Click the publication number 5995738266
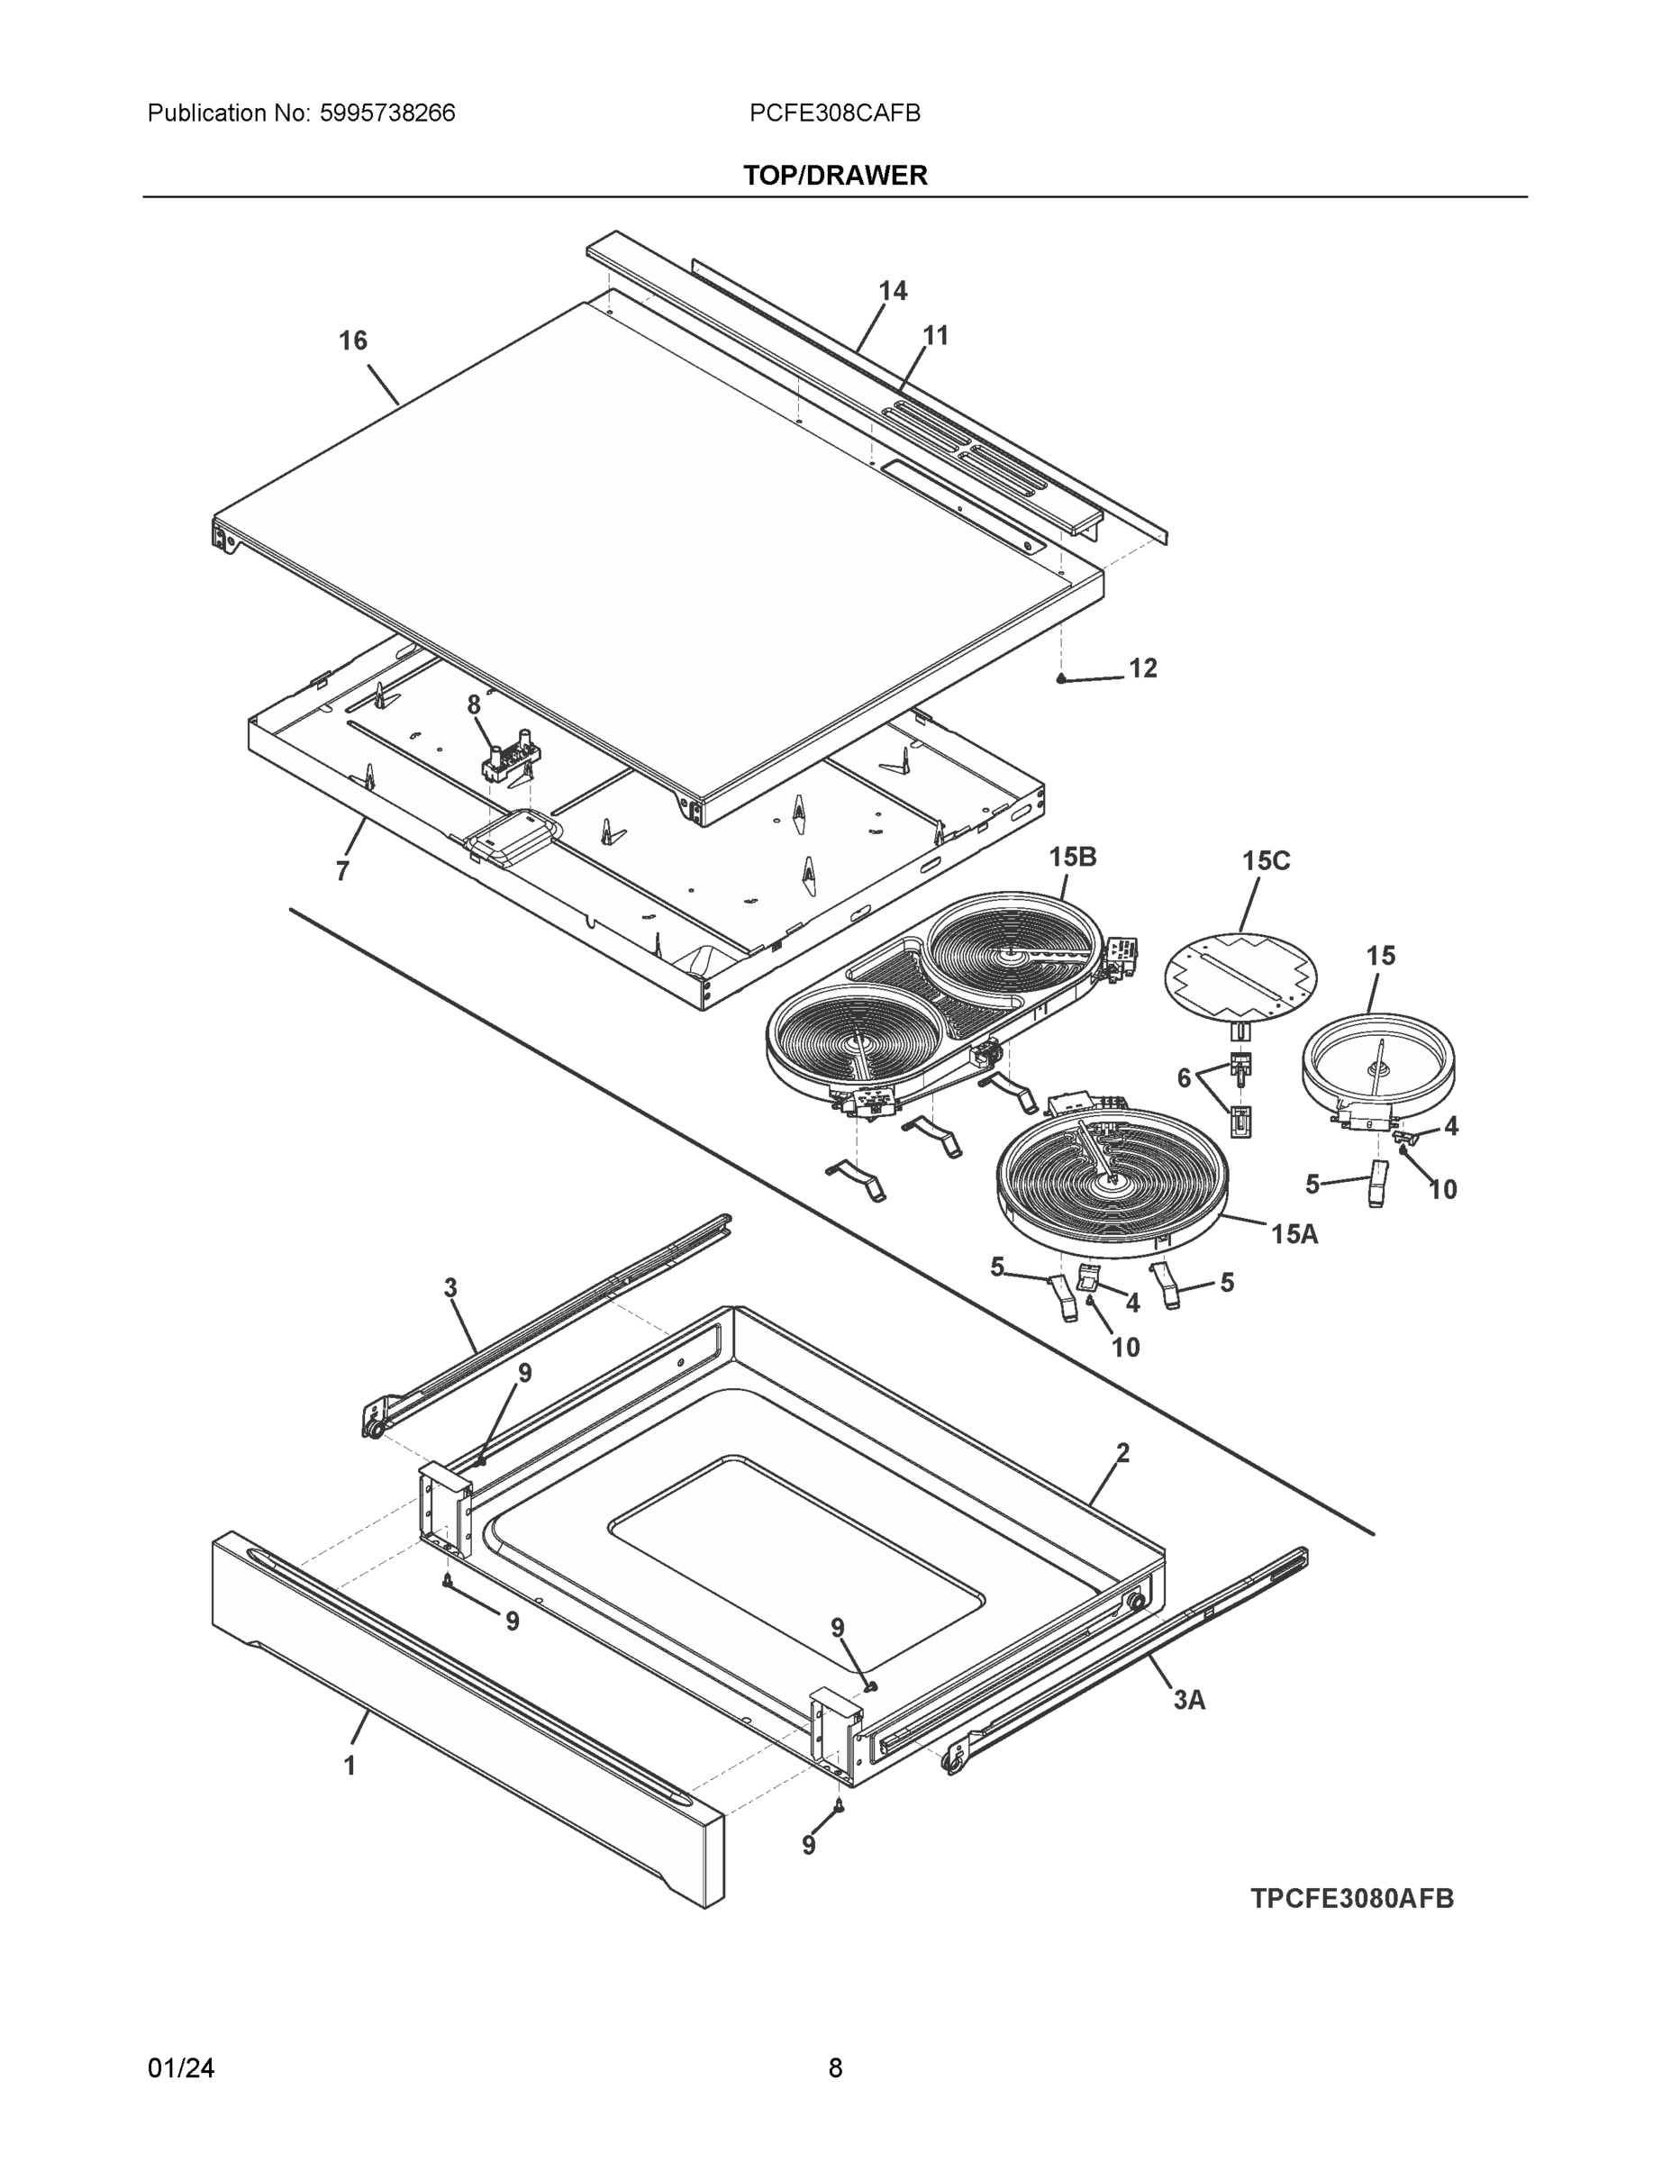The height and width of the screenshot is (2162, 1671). pyautogui.click(x=387, y=113)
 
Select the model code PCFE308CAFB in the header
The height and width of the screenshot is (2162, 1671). pyautogui.click(x=834, y=113)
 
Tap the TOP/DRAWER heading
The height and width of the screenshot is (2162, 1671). pyautogui.click(x=834, y=176)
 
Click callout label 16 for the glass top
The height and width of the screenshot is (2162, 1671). pyautogui.click(x=352, y=341)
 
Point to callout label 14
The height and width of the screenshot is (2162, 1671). pyautogui.click(x=892, y=290)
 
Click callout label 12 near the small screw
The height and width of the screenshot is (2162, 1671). pyautogui.click(x=1142, y=668)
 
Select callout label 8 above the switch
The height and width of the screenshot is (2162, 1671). pyautogui.click(x=473, y=704)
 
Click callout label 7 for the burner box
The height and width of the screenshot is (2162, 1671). pyautogui.click(x=342, y=871)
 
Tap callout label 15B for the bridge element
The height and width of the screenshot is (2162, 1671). pyautogui.click(x=1072, y=857)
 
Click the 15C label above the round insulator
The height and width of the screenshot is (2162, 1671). pyautogui.click(x=1267, y=860)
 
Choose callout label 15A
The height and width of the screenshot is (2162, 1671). pyautogui.click(x=1294, y=1233)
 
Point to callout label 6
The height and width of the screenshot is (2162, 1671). pyautogui.click(x=1183, y=1077)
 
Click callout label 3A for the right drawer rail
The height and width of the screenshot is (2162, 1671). pyautogui.click(x=1189, y=1700)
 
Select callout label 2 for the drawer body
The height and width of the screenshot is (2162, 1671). pyautogui.click(x=1122, y=1453)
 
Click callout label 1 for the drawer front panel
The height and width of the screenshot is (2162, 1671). pyautogui.click(x=349, y=1765)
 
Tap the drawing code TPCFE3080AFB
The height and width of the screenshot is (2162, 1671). pyautogui.click(x=1351, y=1898)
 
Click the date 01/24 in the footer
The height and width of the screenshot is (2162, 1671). pyautogui.click(x=181, y=2067)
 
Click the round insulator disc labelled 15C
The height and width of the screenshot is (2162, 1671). pyautogui.click(x=1240, y=974)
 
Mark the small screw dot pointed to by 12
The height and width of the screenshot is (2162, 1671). pyautogui.click(x=1061, y=679)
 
